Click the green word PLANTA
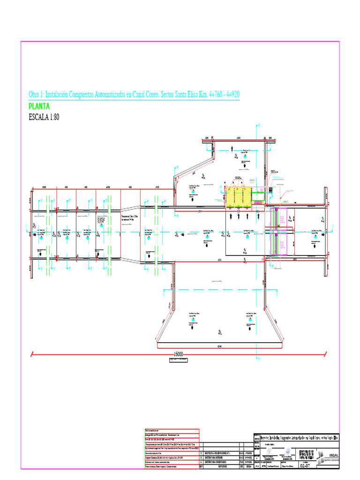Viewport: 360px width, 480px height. (x=39, y=106)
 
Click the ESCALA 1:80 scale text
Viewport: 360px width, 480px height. (x=44, y=117)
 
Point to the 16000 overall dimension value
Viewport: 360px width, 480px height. (x=179, y=354)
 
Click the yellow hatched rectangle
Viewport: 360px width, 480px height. (x=238, y=197)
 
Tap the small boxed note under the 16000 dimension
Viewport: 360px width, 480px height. (x=179, y=360)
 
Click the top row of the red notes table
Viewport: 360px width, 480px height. (x=171, y=430)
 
